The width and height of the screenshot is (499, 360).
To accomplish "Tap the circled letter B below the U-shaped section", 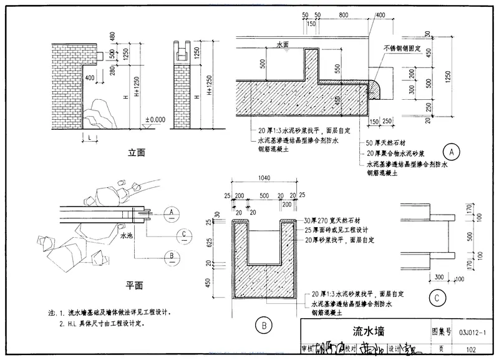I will click(x=263, y=324).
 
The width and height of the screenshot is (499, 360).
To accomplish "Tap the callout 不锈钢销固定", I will click(x=404, y=47).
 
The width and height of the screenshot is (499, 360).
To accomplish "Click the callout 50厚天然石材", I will click(x=385, y=144).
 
